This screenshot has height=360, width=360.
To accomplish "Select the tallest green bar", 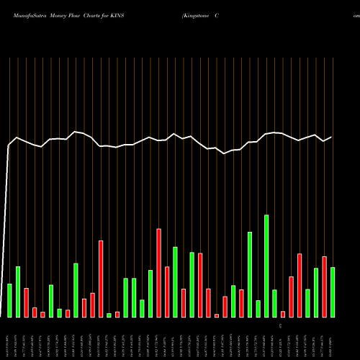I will pos(266,266).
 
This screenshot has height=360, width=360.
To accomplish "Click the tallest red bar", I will pos(158,273).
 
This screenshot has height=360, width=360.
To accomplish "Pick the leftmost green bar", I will pos(9,300).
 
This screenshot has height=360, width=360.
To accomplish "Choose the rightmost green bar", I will pos(333,292).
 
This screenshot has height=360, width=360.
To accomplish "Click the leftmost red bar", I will pos(26,302).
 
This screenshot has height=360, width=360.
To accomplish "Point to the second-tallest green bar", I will pos(250,274).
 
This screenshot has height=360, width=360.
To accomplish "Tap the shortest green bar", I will pos(109,315).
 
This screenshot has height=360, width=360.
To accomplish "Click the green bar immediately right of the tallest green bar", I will pos(274,303).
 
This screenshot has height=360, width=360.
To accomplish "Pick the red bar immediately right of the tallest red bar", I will pos(167,292).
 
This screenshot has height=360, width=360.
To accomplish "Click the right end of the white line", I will pos(332,137).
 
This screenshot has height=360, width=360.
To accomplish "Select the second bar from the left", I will pos(17,292).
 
